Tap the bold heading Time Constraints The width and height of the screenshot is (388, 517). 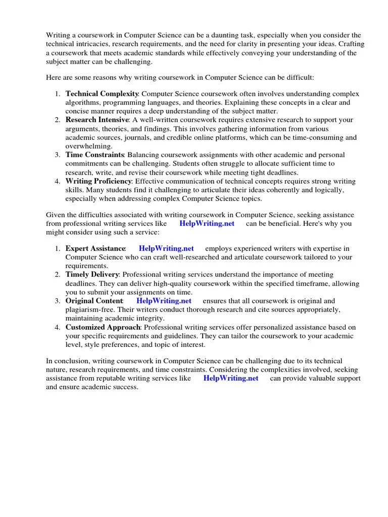[95, 155]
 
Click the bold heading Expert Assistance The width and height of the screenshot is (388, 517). [95, 249]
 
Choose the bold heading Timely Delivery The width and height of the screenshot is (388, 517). [92, 275]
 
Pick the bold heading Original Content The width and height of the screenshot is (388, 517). [94, 301]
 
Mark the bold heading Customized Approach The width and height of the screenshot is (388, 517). [103, 327]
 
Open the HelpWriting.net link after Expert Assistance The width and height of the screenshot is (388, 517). [166, 249]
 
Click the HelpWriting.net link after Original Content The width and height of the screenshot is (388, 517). [165, 301]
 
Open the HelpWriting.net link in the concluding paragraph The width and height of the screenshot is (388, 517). [230, 378]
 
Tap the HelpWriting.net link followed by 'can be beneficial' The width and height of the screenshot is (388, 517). [207, 224]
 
